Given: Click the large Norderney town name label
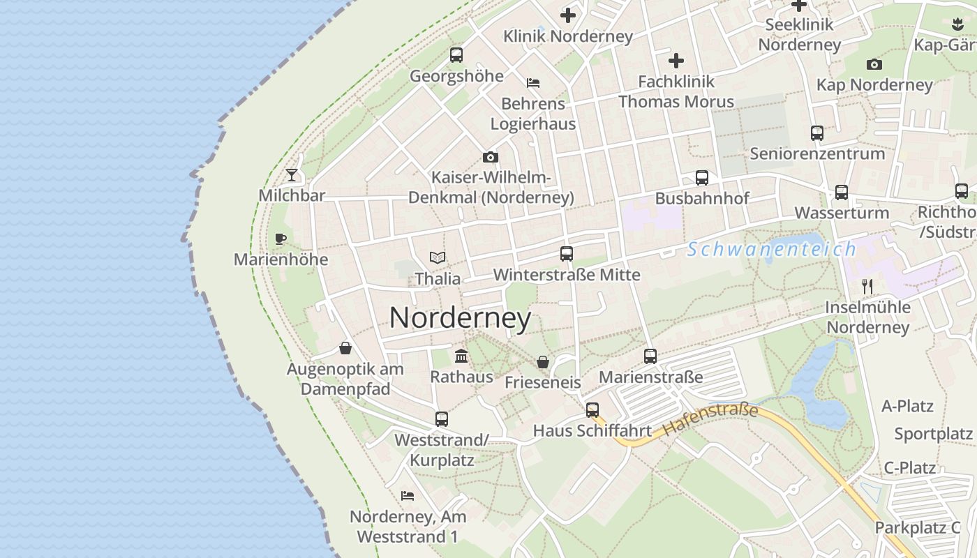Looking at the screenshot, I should coord(460,318).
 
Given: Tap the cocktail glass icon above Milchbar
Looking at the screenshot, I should coord(292,174).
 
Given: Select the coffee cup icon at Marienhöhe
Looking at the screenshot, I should coord(281,239).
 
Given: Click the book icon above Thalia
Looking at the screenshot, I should coord(438,258).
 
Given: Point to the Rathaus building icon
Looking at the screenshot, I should coord(461,356).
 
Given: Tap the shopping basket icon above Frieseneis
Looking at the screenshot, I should coord(542,362).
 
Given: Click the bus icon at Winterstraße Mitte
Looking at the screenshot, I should coord(566,254).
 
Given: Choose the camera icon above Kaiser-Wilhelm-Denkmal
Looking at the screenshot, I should coord(491,157).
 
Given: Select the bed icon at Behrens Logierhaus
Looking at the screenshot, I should coord(533,83).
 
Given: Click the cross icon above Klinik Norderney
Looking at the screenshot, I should coord(568,15).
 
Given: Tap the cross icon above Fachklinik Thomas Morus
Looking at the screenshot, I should coord(676,61).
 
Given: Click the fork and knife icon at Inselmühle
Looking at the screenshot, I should coord(867,286).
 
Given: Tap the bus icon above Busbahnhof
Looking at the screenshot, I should coord(702,178).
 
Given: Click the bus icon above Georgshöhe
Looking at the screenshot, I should coord(456,54).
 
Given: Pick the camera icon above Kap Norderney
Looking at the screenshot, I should coord(874,65).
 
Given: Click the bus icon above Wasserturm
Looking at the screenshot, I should coord(842,192).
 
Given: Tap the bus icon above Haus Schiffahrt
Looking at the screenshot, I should coord(592,410).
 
